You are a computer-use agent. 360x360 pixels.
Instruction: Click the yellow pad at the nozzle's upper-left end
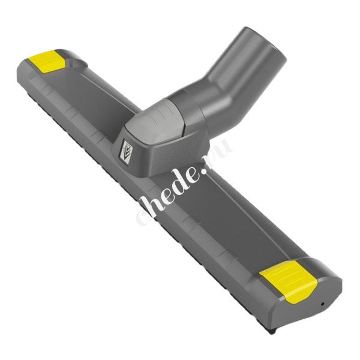pos(47,61)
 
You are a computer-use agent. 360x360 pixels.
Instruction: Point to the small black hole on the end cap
pos(323,304)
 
